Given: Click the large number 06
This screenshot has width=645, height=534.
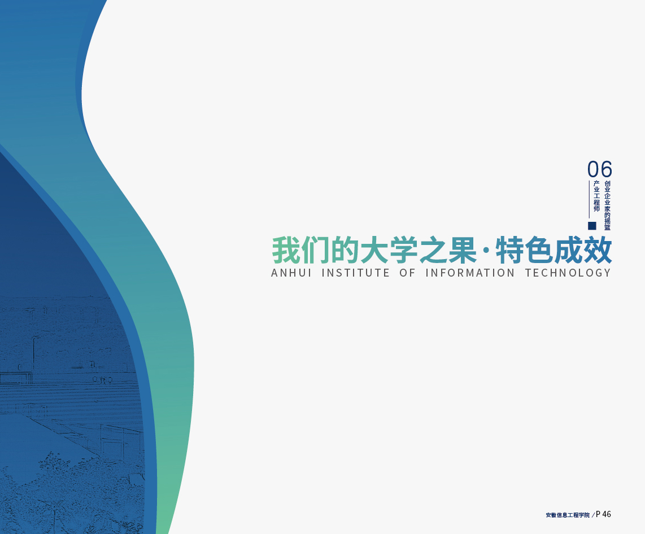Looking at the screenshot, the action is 599,169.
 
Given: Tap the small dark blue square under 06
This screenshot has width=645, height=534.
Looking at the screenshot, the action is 592,226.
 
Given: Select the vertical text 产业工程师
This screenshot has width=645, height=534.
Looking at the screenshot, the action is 596,196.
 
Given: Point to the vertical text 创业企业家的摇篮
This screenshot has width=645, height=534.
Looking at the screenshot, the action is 608,205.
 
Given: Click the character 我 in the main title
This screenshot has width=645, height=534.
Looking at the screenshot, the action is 285,250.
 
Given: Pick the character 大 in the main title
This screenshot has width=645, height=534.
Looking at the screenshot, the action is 374,250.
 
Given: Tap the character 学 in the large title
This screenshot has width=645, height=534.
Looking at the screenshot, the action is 404,250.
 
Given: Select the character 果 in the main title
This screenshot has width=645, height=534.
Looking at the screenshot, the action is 463,250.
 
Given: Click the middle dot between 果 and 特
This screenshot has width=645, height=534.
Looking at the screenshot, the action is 486,251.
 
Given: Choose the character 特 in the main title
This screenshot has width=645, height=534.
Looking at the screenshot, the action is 509,250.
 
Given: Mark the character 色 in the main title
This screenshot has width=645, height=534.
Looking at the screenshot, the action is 539,250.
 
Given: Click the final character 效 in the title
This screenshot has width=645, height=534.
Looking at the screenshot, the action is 598,250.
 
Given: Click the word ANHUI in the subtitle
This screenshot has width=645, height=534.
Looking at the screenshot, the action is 291,273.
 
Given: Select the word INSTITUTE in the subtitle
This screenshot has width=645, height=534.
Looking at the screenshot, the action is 355,273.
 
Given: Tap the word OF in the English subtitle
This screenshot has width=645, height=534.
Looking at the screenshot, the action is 407,273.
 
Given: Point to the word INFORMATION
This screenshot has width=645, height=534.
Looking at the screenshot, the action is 470,273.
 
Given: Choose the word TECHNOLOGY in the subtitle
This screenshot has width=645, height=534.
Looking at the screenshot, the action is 568,273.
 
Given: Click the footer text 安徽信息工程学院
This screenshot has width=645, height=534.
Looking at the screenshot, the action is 568,515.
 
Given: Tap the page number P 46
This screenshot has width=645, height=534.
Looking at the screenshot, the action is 603,514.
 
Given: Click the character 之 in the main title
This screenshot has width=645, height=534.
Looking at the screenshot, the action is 434,250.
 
